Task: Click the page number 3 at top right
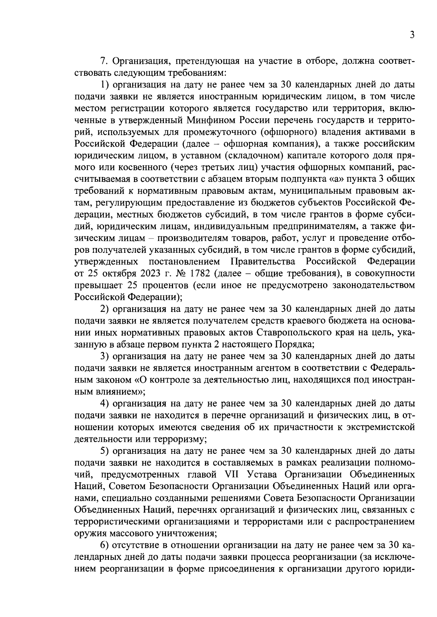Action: tap(412, 35)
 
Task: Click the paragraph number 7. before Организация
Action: tap(103, 61)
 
